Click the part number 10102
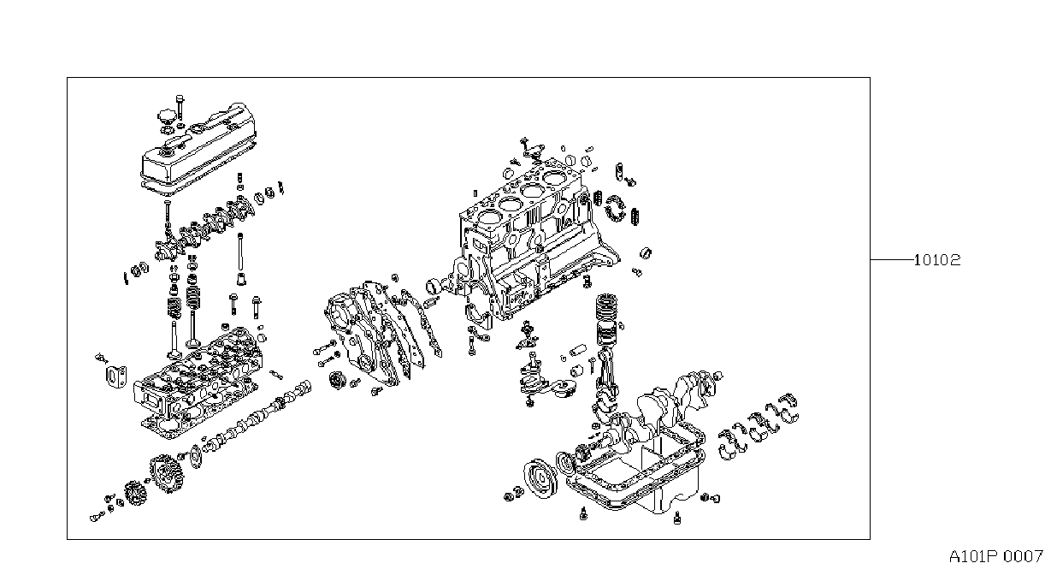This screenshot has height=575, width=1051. pos(937,259)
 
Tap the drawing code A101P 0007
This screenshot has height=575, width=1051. pos(995,557)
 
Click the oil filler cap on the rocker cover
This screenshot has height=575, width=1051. pos(165,116)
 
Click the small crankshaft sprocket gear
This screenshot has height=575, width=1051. pos(136,493)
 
